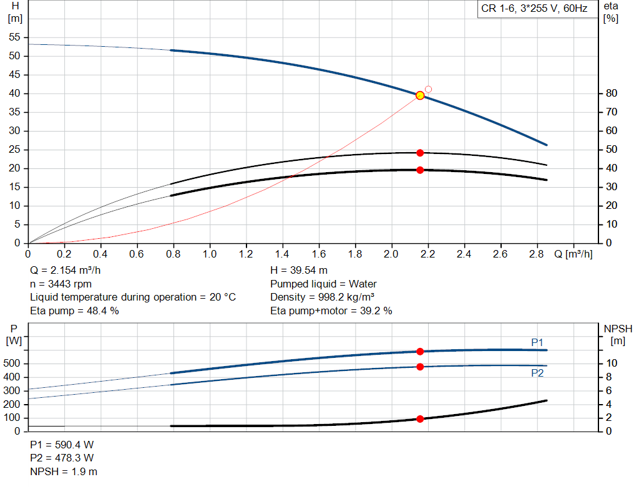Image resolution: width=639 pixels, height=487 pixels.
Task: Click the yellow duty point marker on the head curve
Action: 420,95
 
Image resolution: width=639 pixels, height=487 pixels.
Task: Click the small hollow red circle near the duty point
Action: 428,89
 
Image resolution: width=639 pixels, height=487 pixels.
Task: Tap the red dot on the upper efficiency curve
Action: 420,153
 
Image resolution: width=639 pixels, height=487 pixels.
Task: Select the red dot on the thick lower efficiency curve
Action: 420,170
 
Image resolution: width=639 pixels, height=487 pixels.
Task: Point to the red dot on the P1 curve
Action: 420,352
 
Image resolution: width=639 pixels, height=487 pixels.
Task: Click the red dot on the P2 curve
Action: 420,367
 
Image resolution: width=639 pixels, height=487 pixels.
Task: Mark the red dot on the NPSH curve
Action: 420,419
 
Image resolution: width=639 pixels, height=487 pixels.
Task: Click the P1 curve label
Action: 537,342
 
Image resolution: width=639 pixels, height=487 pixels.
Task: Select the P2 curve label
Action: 537,373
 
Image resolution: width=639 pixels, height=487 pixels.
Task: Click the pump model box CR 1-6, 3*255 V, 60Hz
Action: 534,9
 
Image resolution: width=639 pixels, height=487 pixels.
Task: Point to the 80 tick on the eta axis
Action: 611,94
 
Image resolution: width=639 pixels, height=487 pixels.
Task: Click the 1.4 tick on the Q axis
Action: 283,254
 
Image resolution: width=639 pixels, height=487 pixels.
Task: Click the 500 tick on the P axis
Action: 14,364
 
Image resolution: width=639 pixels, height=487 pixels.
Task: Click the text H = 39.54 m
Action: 298,270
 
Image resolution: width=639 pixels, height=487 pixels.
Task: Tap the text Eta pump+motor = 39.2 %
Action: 331,311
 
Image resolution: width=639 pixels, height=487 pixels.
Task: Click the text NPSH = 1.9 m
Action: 64,471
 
